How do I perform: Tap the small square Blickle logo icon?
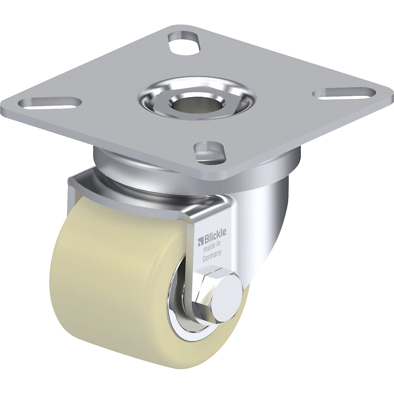point(199,243)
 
